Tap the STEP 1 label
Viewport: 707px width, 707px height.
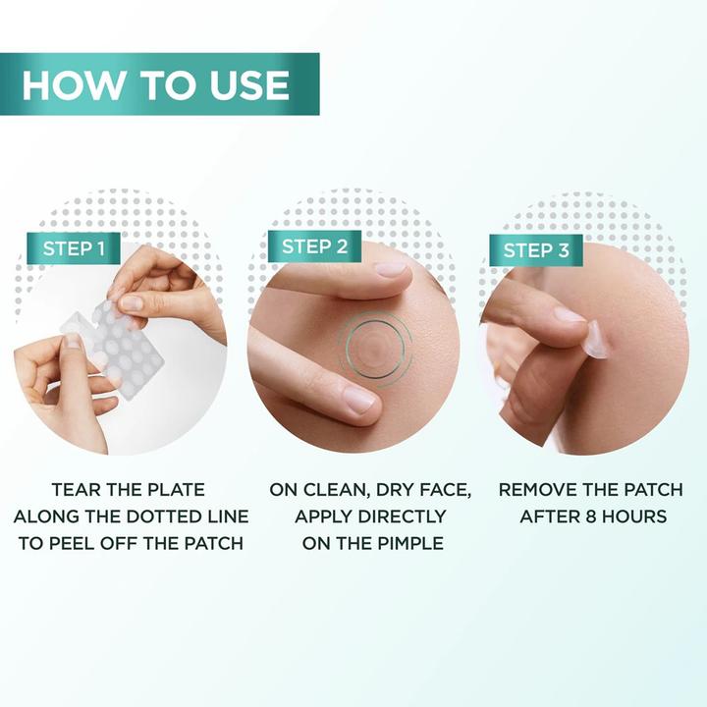coord(74,248)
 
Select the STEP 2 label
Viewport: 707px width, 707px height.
coord(314,246)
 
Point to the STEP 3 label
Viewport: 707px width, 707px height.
coord(536,250)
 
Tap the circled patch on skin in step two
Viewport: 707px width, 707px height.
coord(374,345)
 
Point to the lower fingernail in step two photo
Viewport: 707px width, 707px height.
coord(357,400)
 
